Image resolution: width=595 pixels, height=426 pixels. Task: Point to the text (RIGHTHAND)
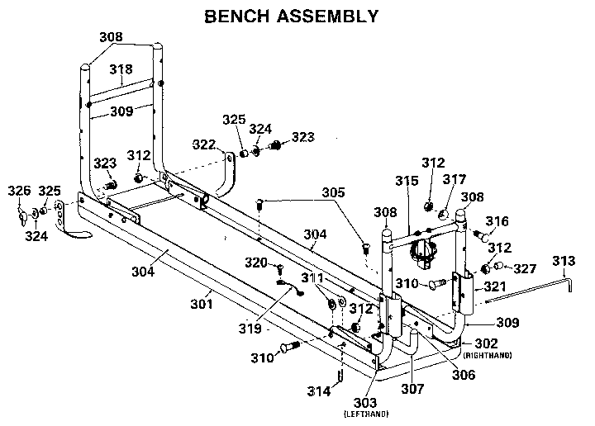tap(488, 355)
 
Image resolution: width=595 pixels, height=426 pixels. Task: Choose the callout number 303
tap(368, 401)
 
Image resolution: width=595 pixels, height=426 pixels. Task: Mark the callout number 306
tap(463, 374)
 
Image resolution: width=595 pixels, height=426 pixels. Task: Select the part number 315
tap(406, 180)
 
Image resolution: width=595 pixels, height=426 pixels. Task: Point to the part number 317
tap(456, 178)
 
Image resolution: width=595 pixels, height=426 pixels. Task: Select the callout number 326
tap(18, 192)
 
